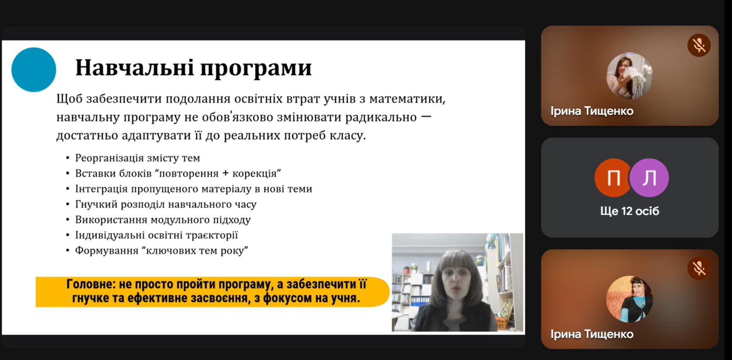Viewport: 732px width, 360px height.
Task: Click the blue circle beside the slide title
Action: (x=34, y=70)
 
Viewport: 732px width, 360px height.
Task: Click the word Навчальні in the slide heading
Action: (x=135, y=67)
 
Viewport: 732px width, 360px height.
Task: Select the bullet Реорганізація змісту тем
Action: (x=137, y=158)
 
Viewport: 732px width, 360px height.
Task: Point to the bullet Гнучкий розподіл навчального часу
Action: (x=166, y=204)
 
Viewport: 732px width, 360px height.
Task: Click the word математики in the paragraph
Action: (x=407, y=99)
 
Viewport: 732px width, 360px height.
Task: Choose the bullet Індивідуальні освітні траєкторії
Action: (x=157, y=235)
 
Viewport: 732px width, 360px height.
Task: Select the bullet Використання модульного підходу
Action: (x=163, y=220)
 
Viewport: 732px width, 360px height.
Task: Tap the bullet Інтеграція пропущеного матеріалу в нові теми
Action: (x=194, y=189)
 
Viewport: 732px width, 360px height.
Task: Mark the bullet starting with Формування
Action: (x=162, y=250)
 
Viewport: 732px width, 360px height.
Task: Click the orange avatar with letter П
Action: (x=613, y=178)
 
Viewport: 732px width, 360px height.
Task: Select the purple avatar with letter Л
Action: (x=649, y=178)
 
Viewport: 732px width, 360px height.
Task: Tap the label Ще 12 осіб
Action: (x=630, y=211)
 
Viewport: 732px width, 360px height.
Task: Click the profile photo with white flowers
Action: (x=630, y=76)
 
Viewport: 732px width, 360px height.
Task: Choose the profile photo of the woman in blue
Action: (x=630, y=299)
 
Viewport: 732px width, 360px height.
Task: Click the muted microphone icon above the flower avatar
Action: (x=699, y=45)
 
